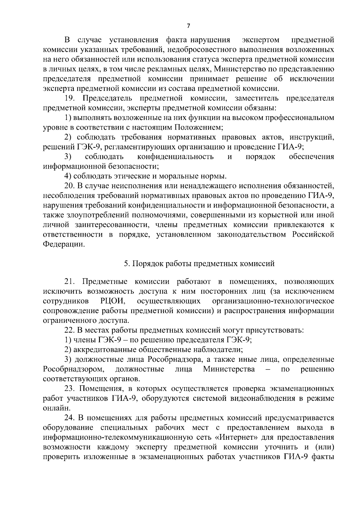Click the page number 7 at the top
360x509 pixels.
pos(188,26)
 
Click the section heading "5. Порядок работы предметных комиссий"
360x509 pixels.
pos(199,263)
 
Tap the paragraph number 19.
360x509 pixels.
pos(70,98)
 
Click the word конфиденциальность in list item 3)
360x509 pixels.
pos(175,157)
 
